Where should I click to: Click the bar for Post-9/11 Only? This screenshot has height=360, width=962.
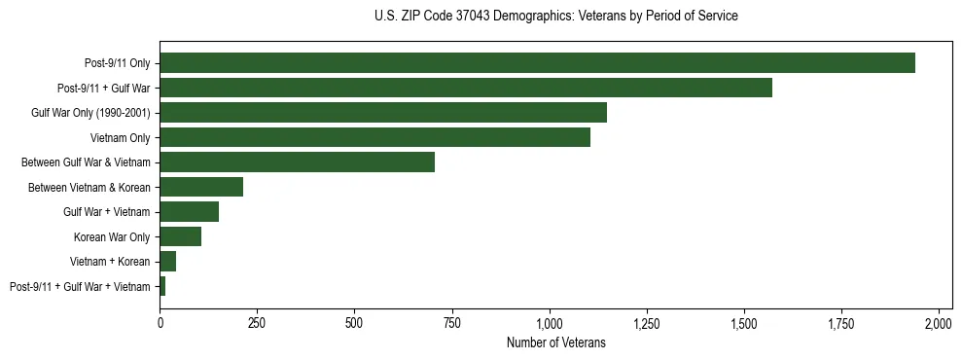[537, 63]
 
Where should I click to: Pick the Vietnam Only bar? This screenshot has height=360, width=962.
[374, 138]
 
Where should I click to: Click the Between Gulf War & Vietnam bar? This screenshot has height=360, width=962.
[297, 162]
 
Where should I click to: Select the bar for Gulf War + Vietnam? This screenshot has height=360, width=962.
[189, 212]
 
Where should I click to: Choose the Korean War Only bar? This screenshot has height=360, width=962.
[180, 237]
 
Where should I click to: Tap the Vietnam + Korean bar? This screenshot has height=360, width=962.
[167, 262]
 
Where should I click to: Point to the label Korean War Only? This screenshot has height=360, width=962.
[112, 237]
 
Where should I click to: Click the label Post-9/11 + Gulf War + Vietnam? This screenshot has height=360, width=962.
[80, 287]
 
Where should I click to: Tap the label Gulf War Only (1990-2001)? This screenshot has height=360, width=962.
[90, 113]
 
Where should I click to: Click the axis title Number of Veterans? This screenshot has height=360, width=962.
[555, 342]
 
